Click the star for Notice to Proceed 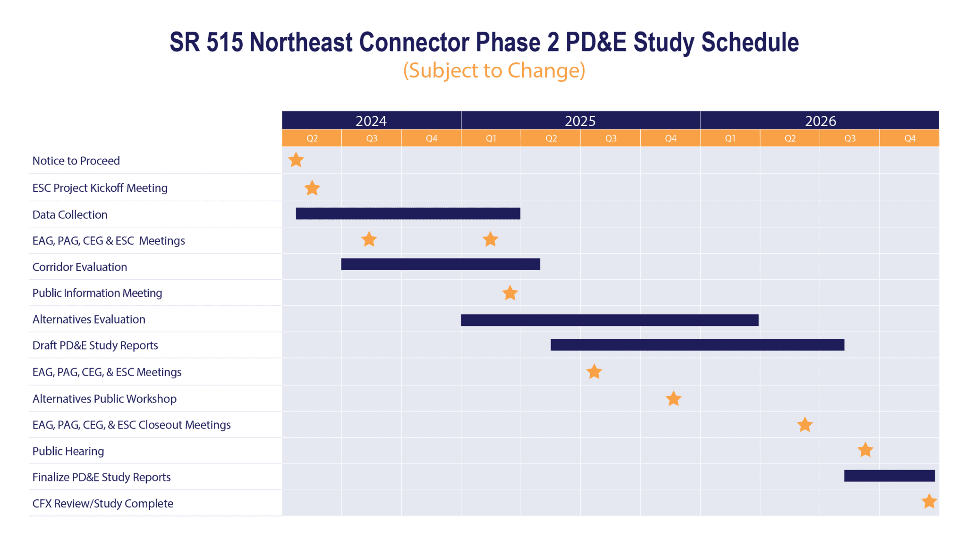coord(296,160)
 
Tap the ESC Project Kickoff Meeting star coord(312,188)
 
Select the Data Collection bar coord(408,214)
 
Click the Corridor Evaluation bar coord(440,264)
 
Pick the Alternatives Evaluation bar coord(610,320)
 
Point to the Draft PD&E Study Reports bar coord(697,345)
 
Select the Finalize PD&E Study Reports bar coord(889,476)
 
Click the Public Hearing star coord(865,450)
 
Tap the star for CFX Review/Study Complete coord(929,501)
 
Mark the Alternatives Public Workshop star coord(673,399)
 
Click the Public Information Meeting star coord(510,293)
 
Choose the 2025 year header coord(580,121)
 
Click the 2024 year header coord(371,121)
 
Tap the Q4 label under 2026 coord(909,138)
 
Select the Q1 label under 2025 coord(491,138)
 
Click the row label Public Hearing coord(68,451)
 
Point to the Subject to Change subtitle coord(494,70)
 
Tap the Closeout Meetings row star coord(805,425)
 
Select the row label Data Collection coord(70,214)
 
